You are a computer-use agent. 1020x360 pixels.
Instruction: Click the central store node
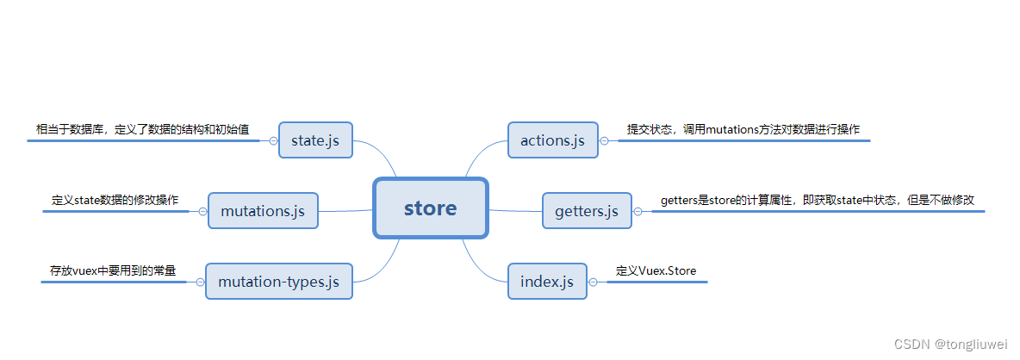(x=431, y=208)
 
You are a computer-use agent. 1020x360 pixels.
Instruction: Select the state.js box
(x=315, y=140)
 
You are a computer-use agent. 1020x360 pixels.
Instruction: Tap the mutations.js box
(x=263, y=210)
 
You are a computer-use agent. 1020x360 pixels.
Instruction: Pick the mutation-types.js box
(x=278, y=281)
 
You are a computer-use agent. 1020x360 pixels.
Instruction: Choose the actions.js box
(x=552, y=140)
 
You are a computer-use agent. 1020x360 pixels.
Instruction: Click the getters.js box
(x=587, y=210)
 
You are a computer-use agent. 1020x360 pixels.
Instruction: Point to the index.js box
(x=547, y=281)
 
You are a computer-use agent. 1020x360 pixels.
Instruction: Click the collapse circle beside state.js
(x=273, y=140)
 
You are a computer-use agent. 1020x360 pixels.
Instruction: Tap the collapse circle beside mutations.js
(x=202, y=211)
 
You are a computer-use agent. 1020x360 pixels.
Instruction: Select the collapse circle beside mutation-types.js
(x=200, y=282)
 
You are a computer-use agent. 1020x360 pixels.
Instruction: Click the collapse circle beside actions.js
(x=604, y=140)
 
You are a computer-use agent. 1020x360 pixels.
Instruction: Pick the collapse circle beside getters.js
(x=637, y=211)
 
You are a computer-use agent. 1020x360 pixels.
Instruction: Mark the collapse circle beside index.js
(x=593, y=282)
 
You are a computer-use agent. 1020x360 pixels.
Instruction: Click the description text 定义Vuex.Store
(x=656, y=270)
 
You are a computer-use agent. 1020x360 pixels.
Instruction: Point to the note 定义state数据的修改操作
(x=115, y=200)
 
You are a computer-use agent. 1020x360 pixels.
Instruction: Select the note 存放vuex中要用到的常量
(x=113, y=270)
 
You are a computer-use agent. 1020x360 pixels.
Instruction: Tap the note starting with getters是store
(x=818, y=200)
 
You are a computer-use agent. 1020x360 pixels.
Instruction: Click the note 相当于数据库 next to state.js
(x=142, y=130)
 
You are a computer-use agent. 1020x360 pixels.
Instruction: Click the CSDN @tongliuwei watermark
(x=951, y=344)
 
